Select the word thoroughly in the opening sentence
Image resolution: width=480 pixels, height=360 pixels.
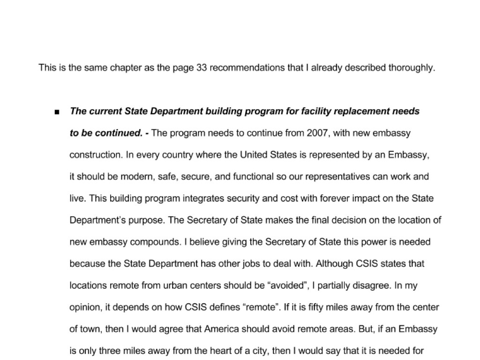411,67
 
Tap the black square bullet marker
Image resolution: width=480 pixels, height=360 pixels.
57,112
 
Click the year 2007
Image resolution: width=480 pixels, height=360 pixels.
317,133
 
